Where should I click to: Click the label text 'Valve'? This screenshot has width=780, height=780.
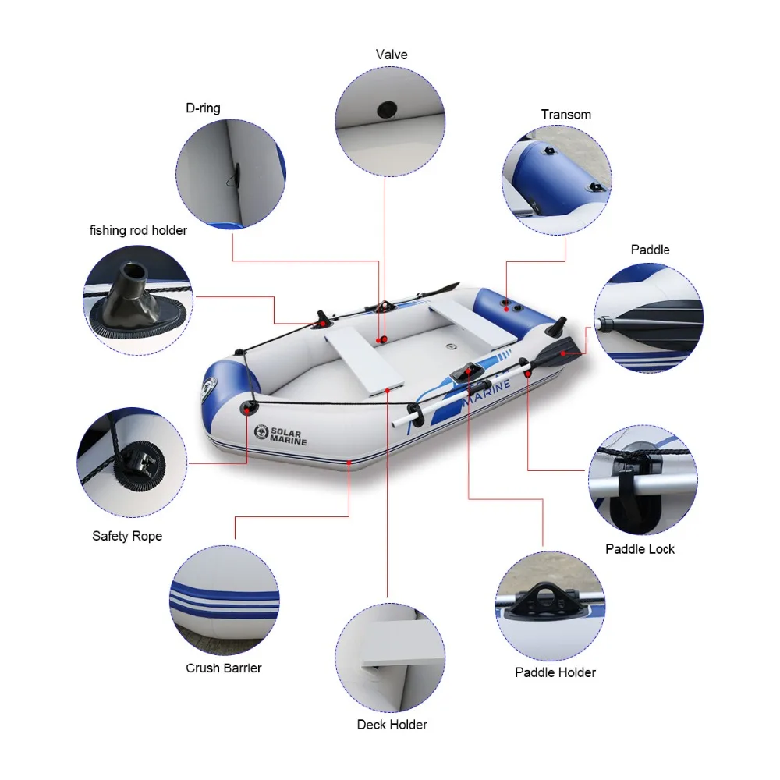[x=391, y=55]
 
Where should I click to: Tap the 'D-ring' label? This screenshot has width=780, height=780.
[x=203, y=108]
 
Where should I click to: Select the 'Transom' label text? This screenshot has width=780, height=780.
[x=565, y=115]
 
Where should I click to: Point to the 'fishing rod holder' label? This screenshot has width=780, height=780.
[x=138, y=230]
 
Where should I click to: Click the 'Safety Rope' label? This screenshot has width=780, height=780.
[x=127, y=536]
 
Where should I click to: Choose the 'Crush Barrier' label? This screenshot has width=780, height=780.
[x=223, y=668]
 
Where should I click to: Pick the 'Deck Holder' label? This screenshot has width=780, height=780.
[x=392, y=725]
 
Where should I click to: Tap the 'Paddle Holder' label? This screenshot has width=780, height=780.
[x=555, y=672]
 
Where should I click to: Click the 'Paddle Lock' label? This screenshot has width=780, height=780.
[x=640, y=549]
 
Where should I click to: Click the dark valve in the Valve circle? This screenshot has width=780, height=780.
[x=385, y=108]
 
